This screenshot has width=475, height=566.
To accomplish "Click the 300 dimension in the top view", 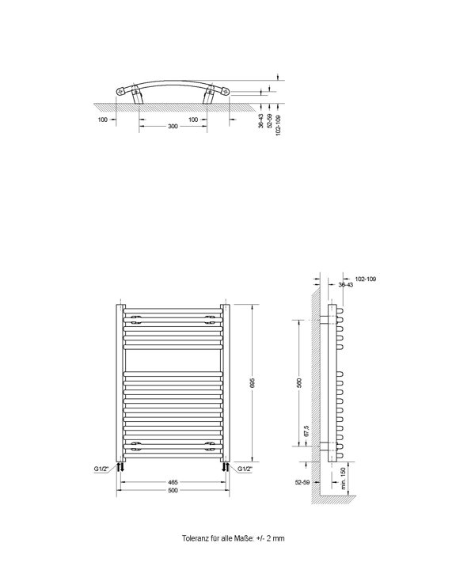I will (x=173, y=127).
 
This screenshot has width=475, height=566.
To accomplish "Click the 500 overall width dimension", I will (x=173, y=491).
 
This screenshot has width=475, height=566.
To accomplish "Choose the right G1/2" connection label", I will (x=246, y=469).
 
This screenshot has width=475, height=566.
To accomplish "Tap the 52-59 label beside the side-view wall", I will (x=300, y=481).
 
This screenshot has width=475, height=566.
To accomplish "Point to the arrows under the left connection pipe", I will (x=120, y=468).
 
